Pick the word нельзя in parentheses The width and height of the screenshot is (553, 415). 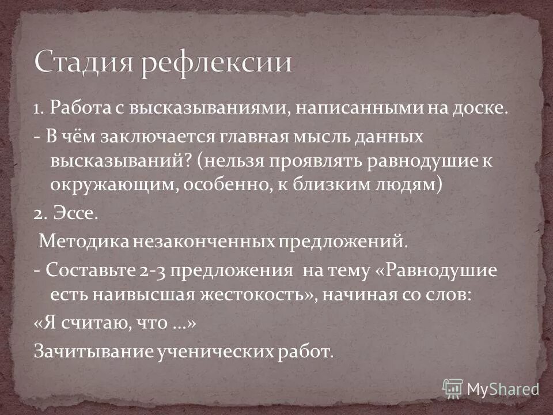(230, 162)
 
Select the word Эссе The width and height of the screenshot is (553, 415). (77, 216)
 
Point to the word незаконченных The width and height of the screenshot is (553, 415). (205, 241)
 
